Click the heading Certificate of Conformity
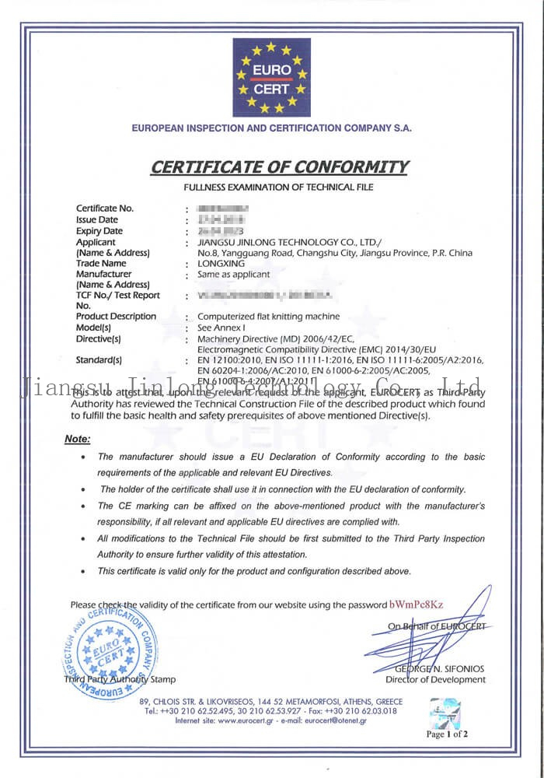(278, 166)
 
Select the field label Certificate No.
(105, 209)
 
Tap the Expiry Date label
(99, 231)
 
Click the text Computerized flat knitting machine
(268, 317)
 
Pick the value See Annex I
(222, 328)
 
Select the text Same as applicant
(234, 275)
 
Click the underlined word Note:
(78, 440)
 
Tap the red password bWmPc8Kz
(417, 605)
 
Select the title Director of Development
(435, 679)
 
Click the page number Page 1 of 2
(447, 734)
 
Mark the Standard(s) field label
(99, 360)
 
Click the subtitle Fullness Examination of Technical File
(278, 187)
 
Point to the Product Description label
(116, 317)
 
